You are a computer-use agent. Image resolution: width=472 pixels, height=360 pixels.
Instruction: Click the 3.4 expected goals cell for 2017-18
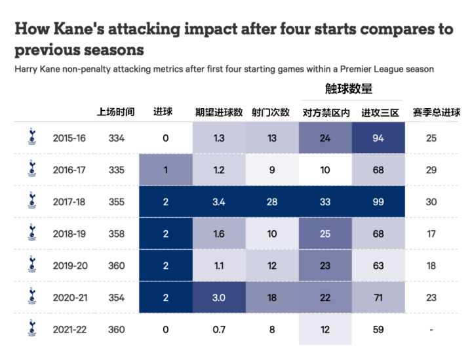219,201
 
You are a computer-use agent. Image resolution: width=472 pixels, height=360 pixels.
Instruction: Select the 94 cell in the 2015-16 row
378,138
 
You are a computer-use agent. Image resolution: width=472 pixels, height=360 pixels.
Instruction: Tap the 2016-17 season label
69,170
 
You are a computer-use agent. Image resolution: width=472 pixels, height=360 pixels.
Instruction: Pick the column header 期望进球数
219,112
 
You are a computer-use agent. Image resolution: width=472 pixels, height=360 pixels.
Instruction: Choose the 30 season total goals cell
431,201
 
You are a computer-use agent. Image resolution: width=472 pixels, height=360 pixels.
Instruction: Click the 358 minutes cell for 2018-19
116,233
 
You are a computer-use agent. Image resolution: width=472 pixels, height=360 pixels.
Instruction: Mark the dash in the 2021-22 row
431,329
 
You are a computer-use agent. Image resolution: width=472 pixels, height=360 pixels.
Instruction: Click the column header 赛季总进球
431,112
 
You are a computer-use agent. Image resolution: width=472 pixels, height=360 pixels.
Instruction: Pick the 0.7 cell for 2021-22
219,329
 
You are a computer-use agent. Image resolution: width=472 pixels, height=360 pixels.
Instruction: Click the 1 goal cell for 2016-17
166,170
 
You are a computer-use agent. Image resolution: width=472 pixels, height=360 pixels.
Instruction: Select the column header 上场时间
116,112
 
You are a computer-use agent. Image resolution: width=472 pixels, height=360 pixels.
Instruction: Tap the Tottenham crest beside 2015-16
29,137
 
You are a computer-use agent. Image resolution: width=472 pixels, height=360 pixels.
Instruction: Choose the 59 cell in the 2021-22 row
378,329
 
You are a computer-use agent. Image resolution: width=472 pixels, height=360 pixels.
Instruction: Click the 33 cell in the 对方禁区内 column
324,201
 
